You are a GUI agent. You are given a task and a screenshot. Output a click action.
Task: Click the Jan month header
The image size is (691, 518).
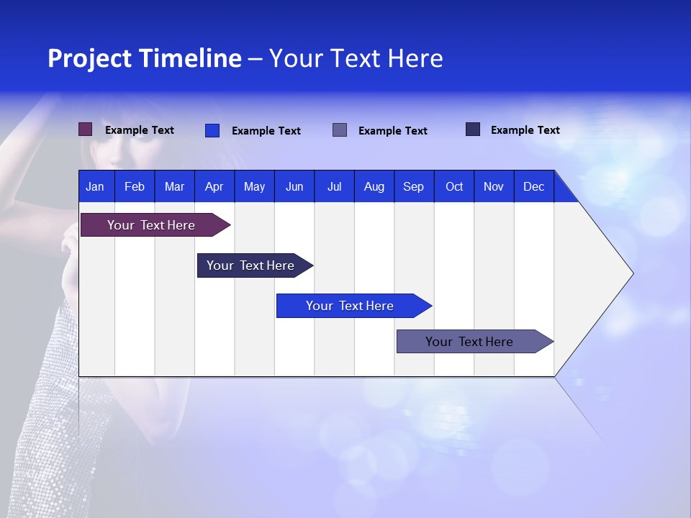tap(95, 186)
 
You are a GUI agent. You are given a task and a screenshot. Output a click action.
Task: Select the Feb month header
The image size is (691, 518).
tap(135, 186)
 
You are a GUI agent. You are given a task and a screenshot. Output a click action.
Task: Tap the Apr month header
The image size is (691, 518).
tap(214, 186)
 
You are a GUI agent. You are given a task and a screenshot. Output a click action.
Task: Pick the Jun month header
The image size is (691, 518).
tap(294, 186)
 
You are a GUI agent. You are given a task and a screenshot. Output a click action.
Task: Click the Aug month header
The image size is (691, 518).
tap(374, 186)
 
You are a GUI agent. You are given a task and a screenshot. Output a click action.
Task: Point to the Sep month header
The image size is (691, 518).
tap(413, 186)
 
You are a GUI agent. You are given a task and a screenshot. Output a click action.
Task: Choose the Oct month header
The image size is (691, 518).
tap(454, 186)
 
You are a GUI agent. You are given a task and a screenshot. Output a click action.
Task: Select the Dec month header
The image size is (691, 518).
tap(533, 186)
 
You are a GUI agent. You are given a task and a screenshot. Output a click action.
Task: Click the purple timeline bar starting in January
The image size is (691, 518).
tap(152, 225)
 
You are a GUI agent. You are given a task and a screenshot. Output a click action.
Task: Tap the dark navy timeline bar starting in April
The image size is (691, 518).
tap(250, 265)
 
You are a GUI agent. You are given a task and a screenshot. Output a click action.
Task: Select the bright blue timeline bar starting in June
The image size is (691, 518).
tap(350, 306)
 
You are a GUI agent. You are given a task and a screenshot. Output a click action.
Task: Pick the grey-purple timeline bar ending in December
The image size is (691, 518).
tap(469, 342)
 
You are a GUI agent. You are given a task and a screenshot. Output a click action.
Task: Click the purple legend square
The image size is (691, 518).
tap(86, 129)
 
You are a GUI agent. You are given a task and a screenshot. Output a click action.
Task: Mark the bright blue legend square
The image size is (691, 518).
tap(212, 130)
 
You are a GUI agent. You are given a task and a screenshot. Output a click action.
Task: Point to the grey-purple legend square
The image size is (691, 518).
tap(340, 130)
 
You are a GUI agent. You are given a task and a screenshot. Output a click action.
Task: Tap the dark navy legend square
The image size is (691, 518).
tap(473, 129)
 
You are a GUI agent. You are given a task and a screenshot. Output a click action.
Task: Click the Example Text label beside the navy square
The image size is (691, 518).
tap(525, 129)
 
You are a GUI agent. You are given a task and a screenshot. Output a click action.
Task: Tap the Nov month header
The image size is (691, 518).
tap(494, 186)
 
